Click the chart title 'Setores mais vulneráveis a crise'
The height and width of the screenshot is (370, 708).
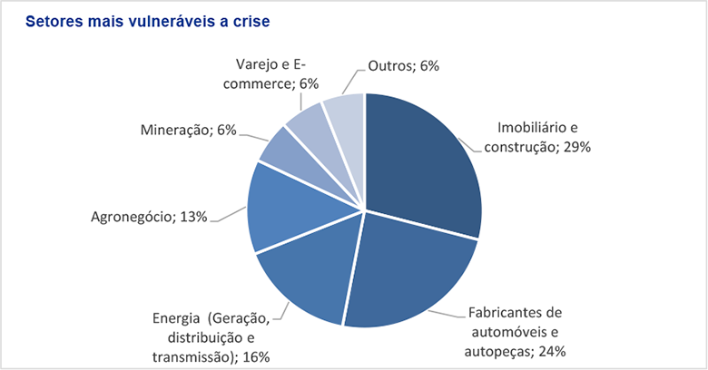pyautogui.click(x=149, y=20)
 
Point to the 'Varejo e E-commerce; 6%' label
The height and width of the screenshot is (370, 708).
pyautogui.click(x=278, y=73)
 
